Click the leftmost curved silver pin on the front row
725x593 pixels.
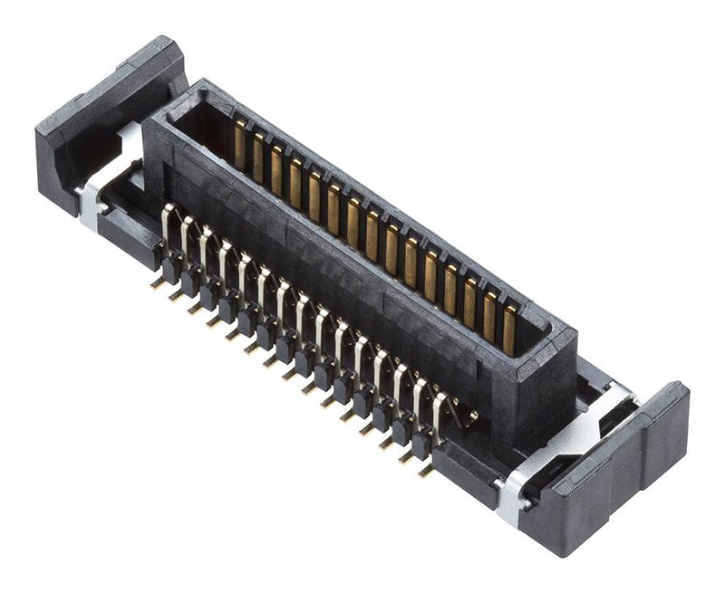pyautogui.click(x=165, y=222)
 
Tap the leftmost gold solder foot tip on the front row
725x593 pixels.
pyautogui.click(x=157, y=282)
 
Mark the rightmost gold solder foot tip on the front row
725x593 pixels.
pyautogui.click(x=426, y=472)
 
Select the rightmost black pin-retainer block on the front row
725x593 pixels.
pyautogui.click(x=421, y=444)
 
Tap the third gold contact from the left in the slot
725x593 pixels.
pyautogui.click(x=276, y=167)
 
